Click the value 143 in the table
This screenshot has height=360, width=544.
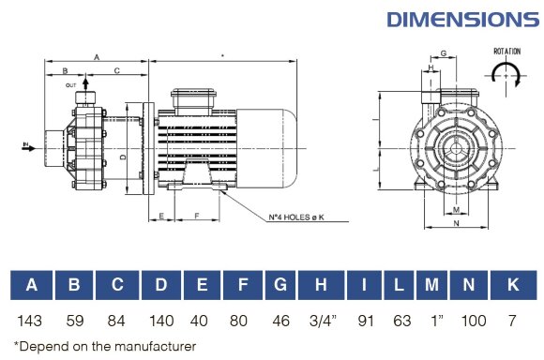tap(32, 322)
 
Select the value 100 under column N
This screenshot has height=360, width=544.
tap(475, 322)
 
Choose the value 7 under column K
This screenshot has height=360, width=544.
tap(512, 322)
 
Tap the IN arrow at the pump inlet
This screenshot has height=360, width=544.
tap(26, 145)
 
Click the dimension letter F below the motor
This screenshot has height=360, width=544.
tap(195, 217)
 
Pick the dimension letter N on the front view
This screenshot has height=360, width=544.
tap(456, 224)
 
